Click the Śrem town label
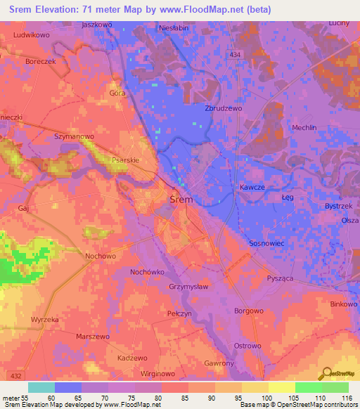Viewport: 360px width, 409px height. click(x=182, y=200)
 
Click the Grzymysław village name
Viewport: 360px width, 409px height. click(x=188, y=287)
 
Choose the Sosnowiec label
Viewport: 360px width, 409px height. click(x=266, y=242)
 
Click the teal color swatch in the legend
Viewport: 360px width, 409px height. click(x=41, y=387)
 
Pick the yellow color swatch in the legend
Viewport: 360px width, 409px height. click(x=282, y=387)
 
